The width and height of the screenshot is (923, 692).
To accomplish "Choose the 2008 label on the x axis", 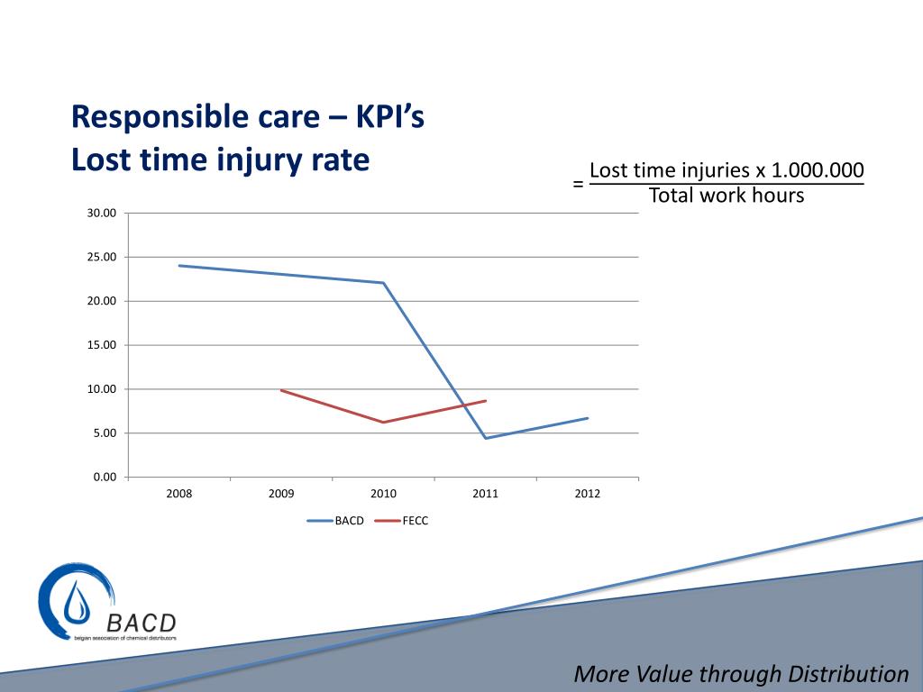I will point(179,494).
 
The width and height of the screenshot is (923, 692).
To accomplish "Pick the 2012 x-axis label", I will point(588,494).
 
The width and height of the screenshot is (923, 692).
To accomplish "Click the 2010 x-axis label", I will point(383,494).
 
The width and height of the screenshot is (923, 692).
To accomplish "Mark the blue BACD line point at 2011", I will point(486,438).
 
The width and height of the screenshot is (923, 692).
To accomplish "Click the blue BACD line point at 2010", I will point(384,283).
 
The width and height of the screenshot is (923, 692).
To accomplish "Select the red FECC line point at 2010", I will point(384,422).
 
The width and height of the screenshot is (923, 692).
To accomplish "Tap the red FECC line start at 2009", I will point(281,390).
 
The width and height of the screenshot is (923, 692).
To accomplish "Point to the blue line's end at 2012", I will point(588,418).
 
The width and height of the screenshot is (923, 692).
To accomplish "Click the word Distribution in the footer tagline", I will point(848,674).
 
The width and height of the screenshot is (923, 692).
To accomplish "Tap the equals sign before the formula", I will point(578,185).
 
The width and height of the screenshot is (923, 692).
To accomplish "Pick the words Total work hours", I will point(726,196).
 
